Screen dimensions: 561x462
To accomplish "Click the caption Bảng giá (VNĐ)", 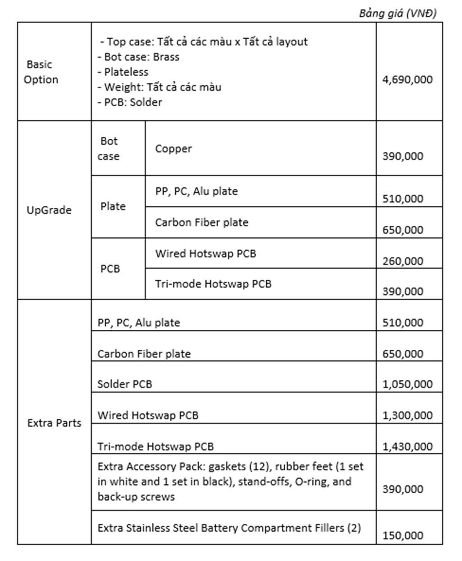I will pyautogui.click(x=398, y=14).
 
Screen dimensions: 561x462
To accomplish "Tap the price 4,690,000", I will pyautogui.click(x=407, y=80).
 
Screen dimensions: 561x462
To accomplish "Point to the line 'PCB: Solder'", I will pyautogui.click(x=130, y=102).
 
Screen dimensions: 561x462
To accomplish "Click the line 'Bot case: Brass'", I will pyautogui.click(x=138, y=57).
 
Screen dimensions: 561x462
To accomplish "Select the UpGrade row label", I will pyautogui.click(x=49, y=210).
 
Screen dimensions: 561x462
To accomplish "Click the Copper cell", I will pyautogui.click(x=174, y=149).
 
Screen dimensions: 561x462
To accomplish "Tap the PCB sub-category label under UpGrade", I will pyautogui.click(x=110, y=269).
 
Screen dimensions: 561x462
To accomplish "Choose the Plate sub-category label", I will pyautogui.click(x=113, y=206).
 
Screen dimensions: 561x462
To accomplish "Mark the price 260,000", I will pyautogui.click(x=403, y=261).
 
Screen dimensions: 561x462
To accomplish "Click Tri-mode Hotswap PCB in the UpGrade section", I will pyautogui.click(x=213, y=284).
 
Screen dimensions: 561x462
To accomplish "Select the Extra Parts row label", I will pyautogui.click(x=54, y=423).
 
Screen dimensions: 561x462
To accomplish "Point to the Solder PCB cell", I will pyautogui.click(x=125, y=384).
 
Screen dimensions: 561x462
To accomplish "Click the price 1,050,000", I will pyautogui.click(x=407, y=384).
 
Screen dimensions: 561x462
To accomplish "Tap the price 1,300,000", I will pyautogui.click(x=407, y=415).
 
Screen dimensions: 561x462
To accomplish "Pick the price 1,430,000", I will pyautogui.click(x=407, y=447).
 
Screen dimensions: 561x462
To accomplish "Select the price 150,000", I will pyautogui.click(x=403, y=536).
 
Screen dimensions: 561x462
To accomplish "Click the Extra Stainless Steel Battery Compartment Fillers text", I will pyautogui.click(x=229, y=528).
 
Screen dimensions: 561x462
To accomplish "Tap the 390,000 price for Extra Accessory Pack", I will pyautogui.click(x=403, y=489).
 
